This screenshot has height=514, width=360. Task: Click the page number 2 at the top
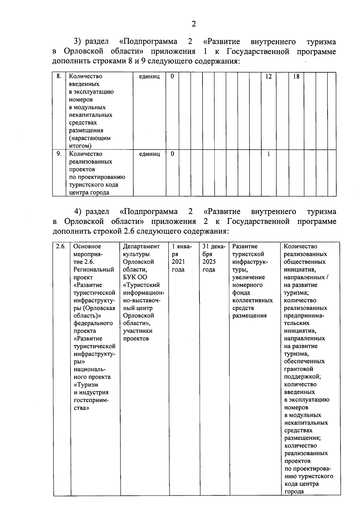(x=194, y=24)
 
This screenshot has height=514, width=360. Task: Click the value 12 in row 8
(x=268, y=77)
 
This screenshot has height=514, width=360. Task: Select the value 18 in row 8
(x=296, y=77)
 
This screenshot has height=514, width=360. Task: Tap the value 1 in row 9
(x=268, y=154)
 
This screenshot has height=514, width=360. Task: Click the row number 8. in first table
(x=59, y=76)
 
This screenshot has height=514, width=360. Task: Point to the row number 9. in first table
(x=59, y=154)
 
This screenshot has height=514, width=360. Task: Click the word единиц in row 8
(x=149, y=77)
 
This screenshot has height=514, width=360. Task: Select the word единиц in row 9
(x=149, y=154)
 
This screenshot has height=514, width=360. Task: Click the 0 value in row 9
(x=172, y=154)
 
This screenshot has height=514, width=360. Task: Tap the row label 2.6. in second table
(x=61, y=246)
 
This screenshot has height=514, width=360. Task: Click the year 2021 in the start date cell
(x=178, y=262)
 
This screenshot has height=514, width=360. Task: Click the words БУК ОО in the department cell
(x=135, y=277)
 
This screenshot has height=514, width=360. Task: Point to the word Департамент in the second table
(x=141, y=246)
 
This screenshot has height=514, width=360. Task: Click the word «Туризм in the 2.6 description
(x=86, y=385)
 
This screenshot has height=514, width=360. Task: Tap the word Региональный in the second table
(x=94, y=269)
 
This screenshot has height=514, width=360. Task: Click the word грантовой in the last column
(x=299, y=369)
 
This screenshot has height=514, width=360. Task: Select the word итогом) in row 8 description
(x=80, y=146)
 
